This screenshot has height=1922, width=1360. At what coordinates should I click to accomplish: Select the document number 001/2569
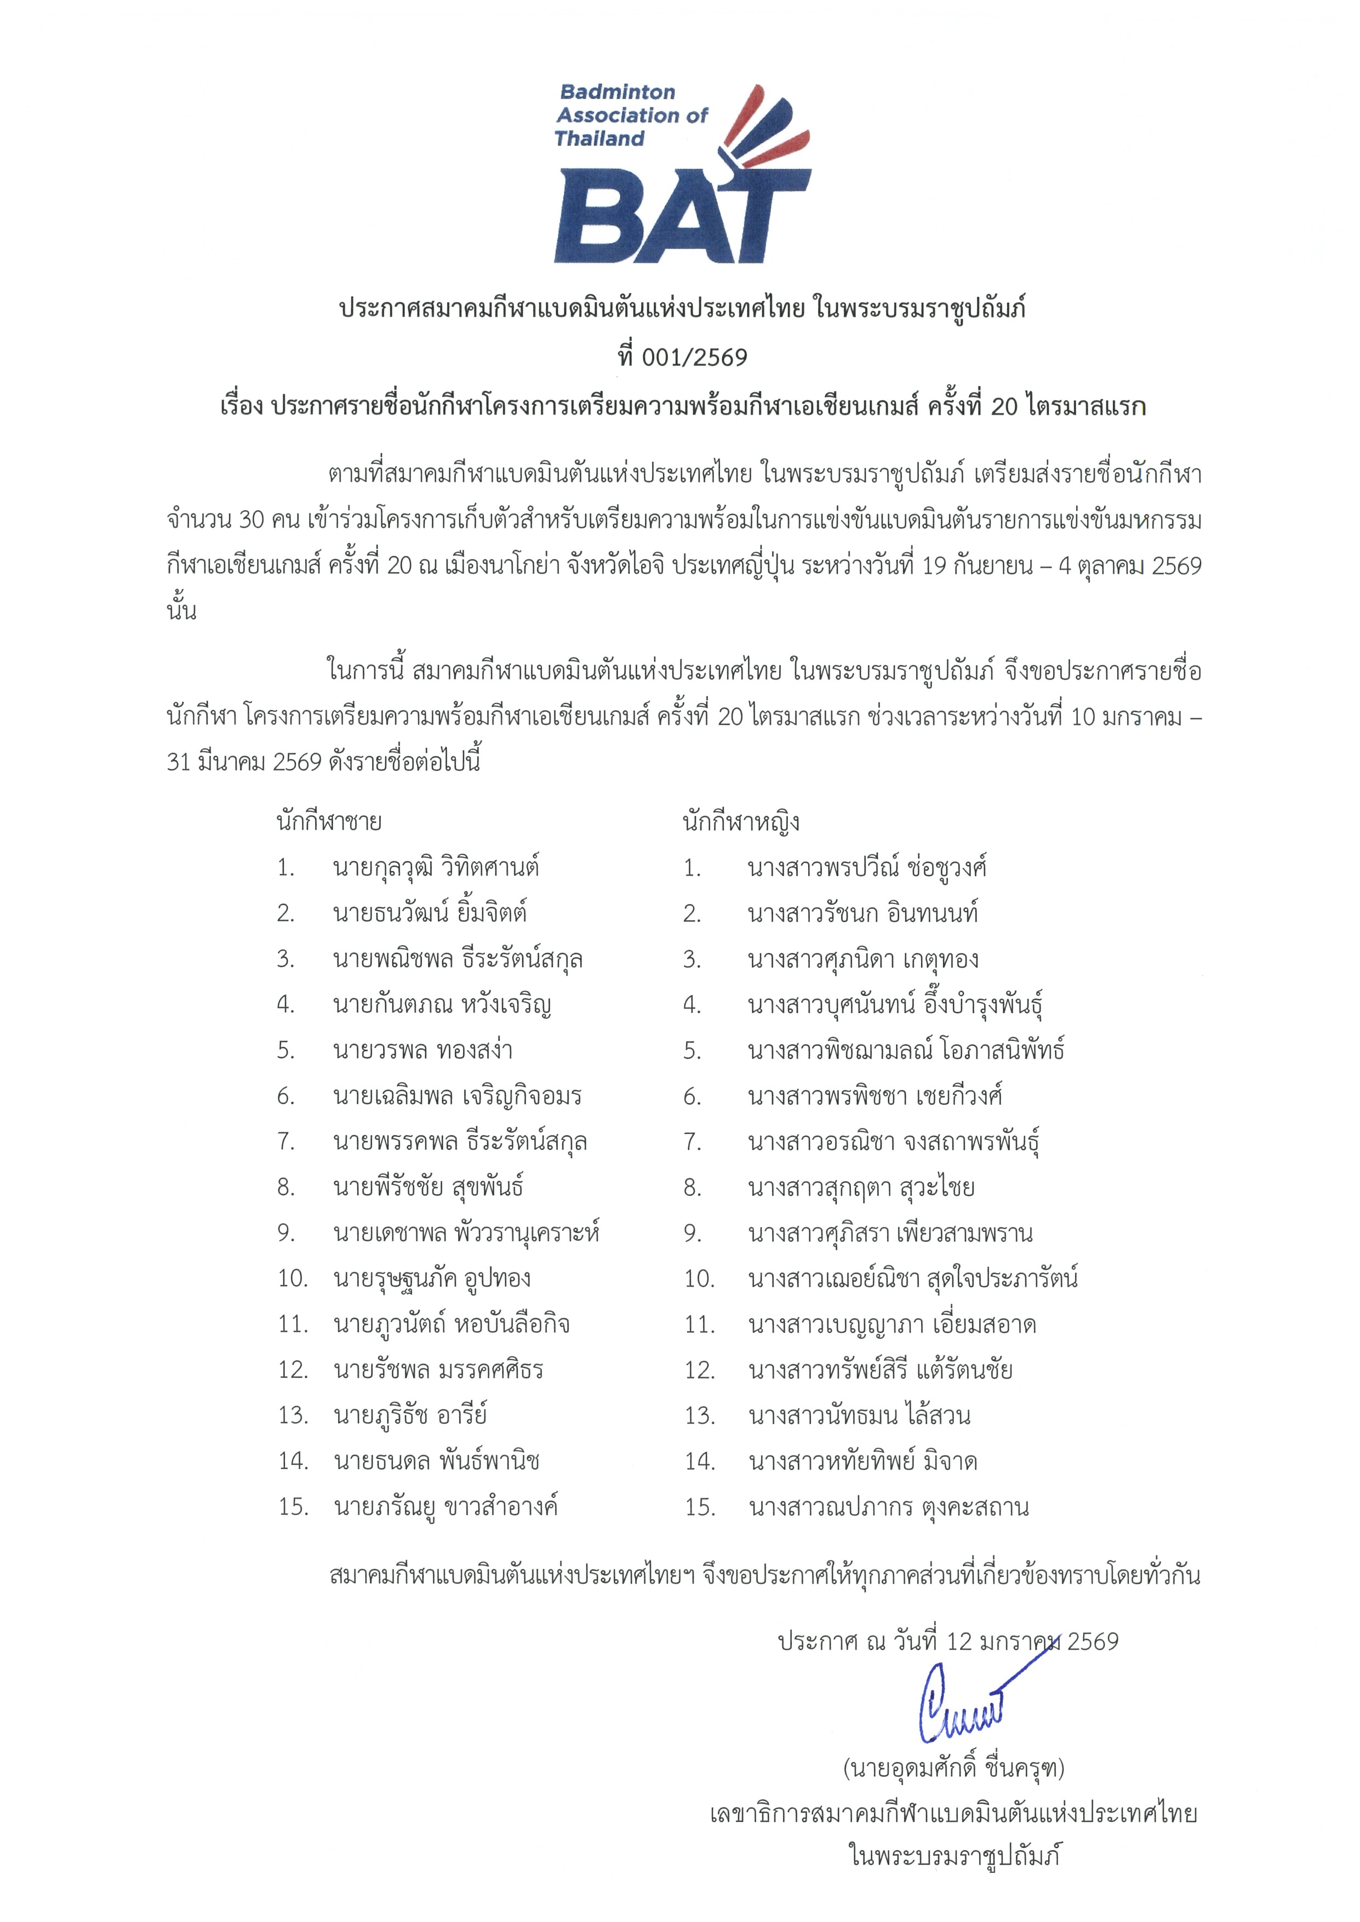693,358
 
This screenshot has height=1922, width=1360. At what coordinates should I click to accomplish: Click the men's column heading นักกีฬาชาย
329,821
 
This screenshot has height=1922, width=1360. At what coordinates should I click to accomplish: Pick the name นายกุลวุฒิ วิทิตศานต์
436,867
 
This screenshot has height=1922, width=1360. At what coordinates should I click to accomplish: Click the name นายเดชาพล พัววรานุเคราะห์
466,1232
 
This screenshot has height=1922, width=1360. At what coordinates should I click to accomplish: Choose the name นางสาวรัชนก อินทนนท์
862,912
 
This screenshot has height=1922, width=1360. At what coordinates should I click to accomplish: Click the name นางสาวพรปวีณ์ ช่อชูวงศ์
867,867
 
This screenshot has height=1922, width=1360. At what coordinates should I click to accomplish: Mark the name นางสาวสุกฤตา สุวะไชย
861,1187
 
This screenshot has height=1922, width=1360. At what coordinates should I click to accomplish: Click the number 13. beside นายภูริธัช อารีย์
294,1415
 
